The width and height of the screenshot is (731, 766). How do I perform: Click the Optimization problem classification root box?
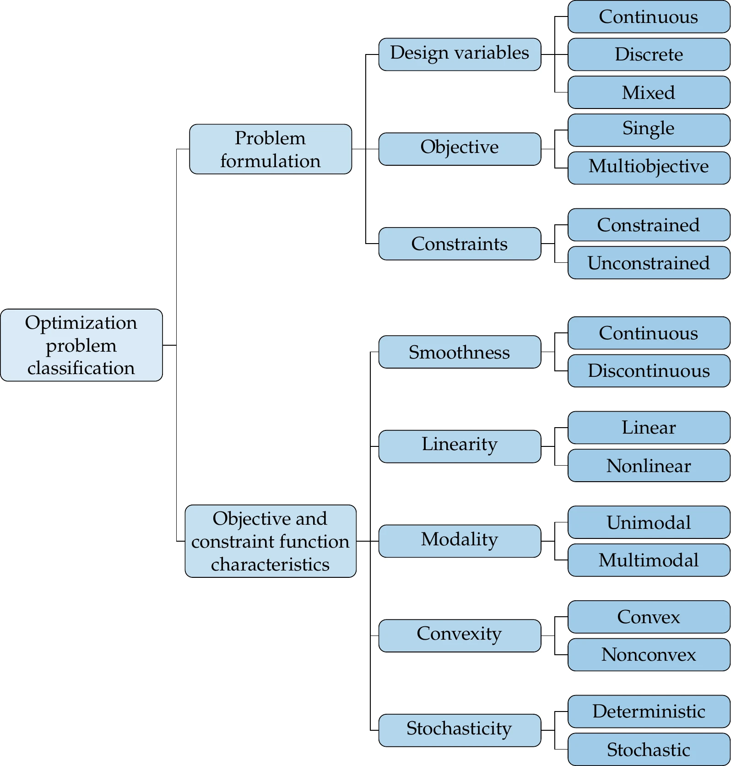[x=81, y=345]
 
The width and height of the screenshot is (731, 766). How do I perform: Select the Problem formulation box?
[x=271, y=149]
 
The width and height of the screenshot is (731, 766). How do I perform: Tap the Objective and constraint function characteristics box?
[x=271, y=541]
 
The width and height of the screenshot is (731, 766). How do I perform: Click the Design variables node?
[x=460, y=54]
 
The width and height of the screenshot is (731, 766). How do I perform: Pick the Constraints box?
[x=460, y=244]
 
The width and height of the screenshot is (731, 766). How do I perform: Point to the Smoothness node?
[x=460, y=352]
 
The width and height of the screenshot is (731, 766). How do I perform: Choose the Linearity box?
[x=460, y=446]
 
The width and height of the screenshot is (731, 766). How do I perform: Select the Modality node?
[x=460, y=541]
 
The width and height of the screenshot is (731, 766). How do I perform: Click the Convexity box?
[x=460, y=636]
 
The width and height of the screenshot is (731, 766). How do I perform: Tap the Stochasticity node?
[x=460, y=730]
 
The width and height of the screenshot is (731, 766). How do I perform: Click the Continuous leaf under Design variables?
[x=649, y=16]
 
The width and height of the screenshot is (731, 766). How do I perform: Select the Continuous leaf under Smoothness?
[x=649, y=333]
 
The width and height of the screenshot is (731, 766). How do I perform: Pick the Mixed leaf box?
[x=649, y=92]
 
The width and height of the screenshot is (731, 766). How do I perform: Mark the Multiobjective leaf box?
[x=649, y=168]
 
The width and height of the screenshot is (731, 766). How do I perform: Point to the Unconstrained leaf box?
[x=649, y=262]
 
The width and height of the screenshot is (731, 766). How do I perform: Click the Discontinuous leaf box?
[x=649, y=370]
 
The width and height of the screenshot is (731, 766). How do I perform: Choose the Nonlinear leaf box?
[x=649, y=465]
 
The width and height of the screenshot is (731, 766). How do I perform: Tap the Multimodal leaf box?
[x=649, y=560]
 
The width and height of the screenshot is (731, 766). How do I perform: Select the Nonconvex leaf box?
[x=649, y=654]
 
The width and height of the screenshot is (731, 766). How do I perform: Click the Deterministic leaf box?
[x=649, y=711]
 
